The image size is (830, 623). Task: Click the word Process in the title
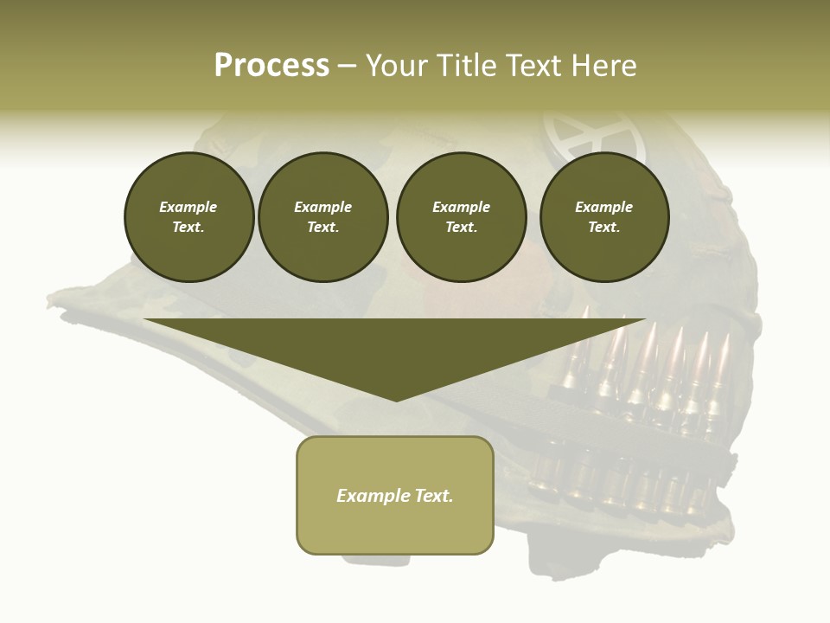271,66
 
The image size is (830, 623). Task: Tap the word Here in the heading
604,66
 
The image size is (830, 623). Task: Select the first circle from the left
188,217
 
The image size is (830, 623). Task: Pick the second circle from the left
322,217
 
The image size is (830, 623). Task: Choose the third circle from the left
461,217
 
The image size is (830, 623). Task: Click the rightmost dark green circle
603,217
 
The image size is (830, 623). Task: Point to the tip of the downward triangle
396,400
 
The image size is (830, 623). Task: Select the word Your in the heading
397,66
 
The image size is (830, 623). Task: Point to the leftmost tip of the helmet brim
49,302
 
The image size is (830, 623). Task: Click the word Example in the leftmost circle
188,207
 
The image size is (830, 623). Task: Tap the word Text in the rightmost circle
603,228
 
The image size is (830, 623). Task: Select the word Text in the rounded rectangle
432,496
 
